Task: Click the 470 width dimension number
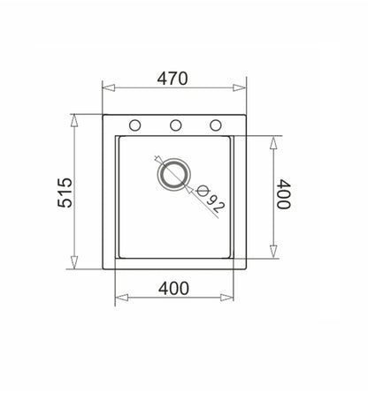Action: pyautogui.click(x=172, y=79)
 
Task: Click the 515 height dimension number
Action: pyautogui.click(x=65, y=193)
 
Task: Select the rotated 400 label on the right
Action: pyautogui.click(x=284, y=194)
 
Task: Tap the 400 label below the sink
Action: pyautogui.click(x=173, y=289)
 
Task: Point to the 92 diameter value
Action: pyautogui.click(x=216, y=204)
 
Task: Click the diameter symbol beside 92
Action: pyautogui.click(x=203, y=191)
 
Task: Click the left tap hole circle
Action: pyautogui.click(x=134, y=125)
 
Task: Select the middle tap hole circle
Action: pyautogui.click(x=175, y=125)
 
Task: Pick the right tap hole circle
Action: pyautogui.click(x=216, y=125)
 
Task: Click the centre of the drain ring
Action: pyautogui.click(x=174, y=174)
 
